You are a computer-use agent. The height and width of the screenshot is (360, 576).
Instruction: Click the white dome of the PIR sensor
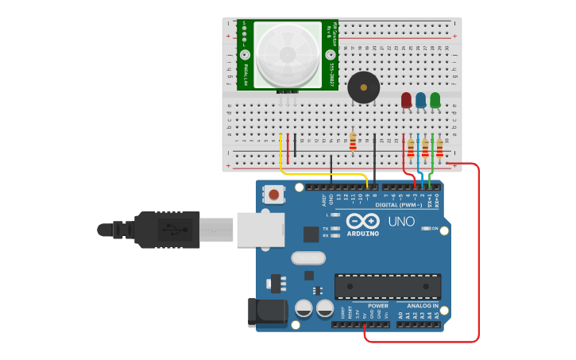[x=287, y=54]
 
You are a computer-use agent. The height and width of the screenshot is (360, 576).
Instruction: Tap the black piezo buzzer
[x=363, y=87]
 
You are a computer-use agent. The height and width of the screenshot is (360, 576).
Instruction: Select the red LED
[x=406, y=100]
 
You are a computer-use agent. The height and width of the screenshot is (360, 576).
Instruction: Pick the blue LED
[x=420, y=100]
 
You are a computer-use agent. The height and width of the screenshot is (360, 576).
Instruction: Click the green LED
[x=435, y=100]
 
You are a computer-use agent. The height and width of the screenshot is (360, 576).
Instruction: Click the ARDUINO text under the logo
[x=362, y=234]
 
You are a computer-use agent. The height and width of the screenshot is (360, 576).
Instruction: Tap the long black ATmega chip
[x=388, y=286]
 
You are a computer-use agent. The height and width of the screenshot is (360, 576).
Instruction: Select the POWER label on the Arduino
[x=378, y=305]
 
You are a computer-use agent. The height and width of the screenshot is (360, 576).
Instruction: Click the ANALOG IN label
[x=423, y=305]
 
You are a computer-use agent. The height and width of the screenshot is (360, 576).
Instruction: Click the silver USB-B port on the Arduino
[x=260, y=229]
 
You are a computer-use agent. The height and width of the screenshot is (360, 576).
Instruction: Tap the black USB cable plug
[x=167, y=230]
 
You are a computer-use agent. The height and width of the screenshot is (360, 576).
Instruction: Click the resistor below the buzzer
[x=353, y=141]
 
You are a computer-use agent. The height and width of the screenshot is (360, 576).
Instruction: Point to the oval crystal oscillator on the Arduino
[x=308, y=257]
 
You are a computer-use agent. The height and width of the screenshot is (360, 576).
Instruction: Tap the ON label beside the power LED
[x=435, y=229]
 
